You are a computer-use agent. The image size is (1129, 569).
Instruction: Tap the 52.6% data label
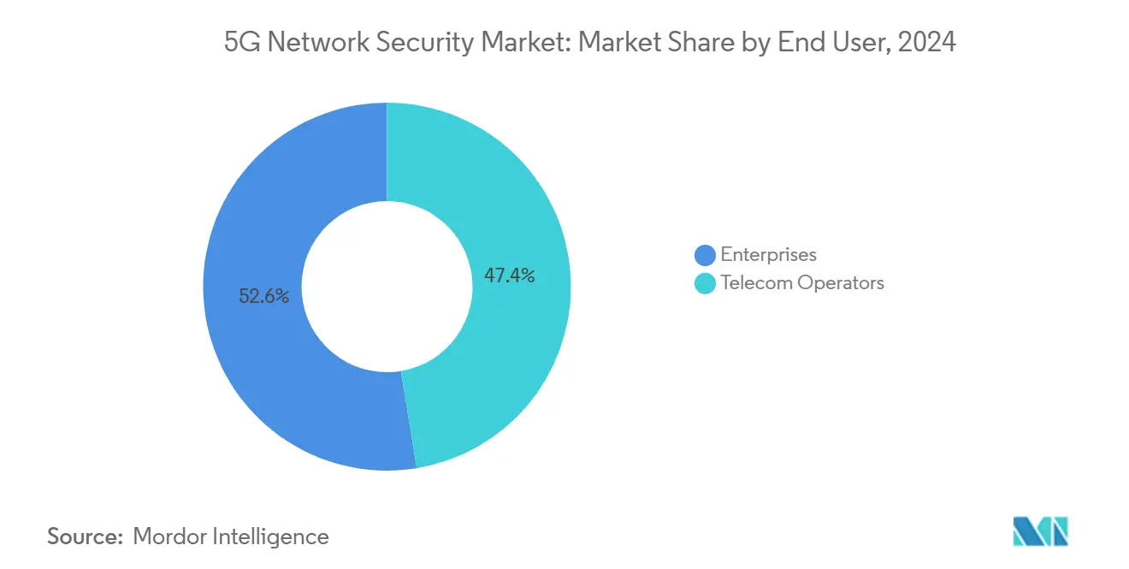(x=264, y=297)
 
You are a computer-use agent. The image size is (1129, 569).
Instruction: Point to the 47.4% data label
(x=509, y=276)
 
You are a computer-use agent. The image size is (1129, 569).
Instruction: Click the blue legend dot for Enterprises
(x=705, y=255)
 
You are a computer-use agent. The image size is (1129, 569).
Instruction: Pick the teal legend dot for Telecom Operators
(x=705, y=283)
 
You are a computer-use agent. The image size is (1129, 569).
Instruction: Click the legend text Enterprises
(x=768, y=255)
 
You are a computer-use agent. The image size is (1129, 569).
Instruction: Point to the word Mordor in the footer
(x=169, y=536)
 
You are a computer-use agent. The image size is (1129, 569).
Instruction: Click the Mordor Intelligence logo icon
(x=1040, y=531)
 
